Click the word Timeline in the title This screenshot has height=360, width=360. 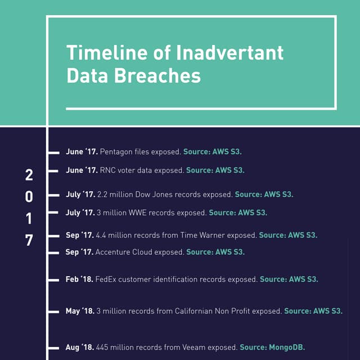[101, 53]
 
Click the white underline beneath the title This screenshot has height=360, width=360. [201, 108]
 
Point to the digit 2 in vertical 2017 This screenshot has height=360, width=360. [29, 175]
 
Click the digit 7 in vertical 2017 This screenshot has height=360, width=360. [29, 240]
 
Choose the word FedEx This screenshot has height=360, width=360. [106, 279]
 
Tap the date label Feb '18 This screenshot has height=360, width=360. [79, 279]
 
